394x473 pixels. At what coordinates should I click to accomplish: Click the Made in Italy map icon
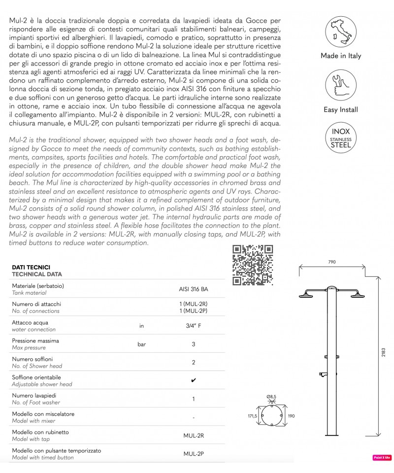(x=340, y=32)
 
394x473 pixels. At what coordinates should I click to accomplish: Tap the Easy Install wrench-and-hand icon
(x=340, y=86)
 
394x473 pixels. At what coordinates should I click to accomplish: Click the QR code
(x=252, y=265)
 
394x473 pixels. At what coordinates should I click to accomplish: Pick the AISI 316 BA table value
(x=193, y=289)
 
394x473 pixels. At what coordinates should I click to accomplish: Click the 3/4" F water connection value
(x=193, y=325)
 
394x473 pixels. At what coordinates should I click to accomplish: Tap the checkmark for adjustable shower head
(x=193, y=380)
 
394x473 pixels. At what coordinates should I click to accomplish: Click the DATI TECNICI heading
(x=31, y=267)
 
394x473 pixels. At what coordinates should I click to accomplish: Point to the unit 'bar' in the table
(x=142, y=344)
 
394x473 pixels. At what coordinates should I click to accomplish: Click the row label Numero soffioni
(x=32, y=359)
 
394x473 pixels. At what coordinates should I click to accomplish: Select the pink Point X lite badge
(x=382, y=458)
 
